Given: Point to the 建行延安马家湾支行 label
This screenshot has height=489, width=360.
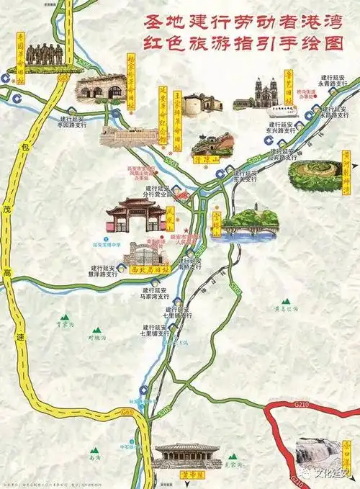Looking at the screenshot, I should pyautogui.click(x=154, y=293).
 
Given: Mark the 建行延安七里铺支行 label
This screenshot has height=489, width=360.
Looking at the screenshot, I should pyautogui.click(x=157, y=331).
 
